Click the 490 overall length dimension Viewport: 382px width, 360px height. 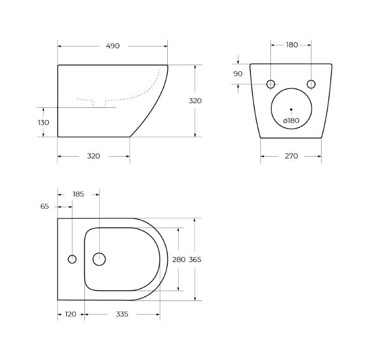click(112, 46)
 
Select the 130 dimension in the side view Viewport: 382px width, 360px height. click(44, 122)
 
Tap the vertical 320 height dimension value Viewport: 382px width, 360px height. click(195, 101)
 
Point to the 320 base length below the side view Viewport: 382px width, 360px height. click(93, 156)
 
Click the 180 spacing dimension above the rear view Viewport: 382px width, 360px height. click(292, 45)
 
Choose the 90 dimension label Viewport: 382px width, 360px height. click(238, 74)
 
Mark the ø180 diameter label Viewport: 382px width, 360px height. click(291, 120)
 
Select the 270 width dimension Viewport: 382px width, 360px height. click(291, 156)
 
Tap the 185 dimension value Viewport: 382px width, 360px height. click(78, 194)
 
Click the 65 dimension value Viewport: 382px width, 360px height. click(45, 206)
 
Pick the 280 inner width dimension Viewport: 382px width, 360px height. click(179, 259)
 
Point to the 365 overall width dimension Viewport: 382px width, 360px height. click(195, 259)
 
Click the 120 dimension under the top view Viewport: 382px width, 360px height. click(70, 314)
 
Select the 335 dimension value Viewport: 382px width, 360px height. click(122, 314)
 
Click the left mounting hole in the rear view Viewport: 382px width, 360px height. click(270, 84)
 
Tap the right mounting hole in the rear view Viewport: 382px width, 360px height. click(311, 84)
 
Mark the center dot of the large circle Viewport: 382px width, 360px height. click(291, 109)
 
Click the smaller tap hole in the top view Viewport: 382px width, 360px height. click(72, 259)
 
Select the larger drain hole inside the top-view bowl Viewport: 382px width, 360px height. click(99, 259)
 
